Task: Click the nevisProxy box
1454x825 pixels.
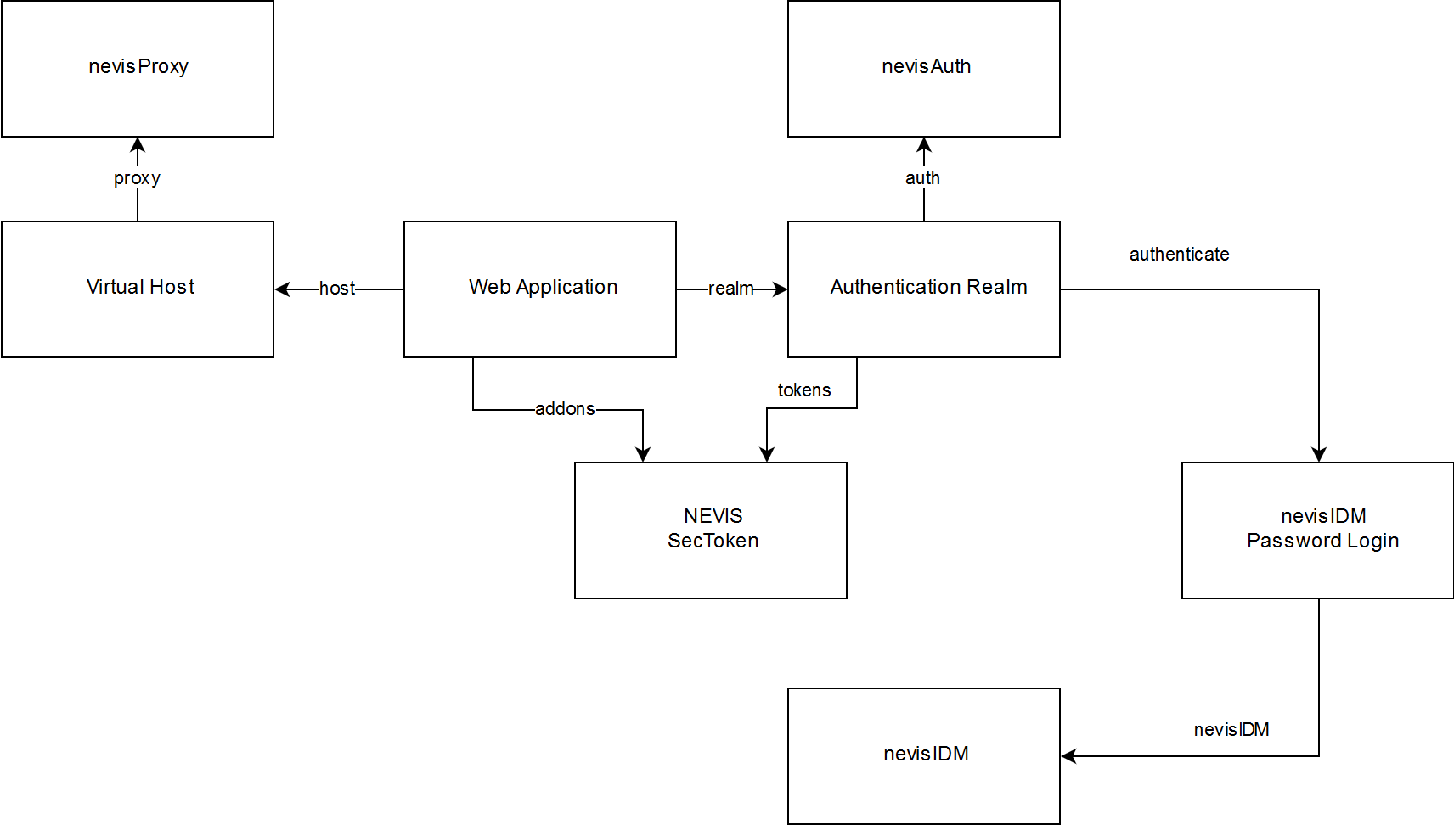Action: pyautogui.click(x=138, y=68)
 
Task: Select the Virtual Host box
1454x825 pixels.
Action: pyautogui.click(x=138, y=289)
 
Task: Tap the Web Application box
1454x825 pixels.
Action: pyautogui.click(x=540, y=289)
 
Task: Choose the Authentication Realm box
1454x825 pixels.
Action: pyautogui.click(x=924, y=289)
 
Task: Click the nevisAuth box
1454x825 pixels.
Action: pyautogui.click(x=924, y=68)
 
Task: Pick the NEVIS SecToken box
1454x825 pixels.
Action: pyautogui.click(x=711, y=530)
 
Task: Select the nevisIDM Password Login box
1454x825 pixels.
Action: pyautogui.click(x=1317, y=530)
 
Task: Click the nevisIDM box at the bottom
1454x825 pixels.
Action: pyautogui.click(x=924, y=755)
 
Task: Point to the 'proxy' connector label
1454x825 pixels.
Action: pyautogui.click(x=137, y=178)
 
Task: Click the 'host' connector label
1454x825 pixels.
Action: pyautogui.click(x=337, y=289)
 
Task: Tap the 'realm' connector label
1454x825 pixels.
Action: pyautogui.click(x=731, y=289)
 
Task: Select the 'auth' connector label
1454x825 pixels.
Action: pyautogui.click(x=922, y=178)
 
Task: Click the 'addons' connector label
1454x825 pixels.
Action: pyautogui.click(x=565, y=409)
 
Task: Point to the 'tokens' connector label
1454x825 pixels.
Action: pyautogui.click(x=804, y=390)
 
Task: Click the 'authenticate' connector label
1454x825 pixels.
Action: pyautogui.click(x=1179, y=255)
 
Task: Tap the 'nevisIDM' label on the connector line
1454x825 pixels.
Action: pyautogui.click(x=1231, y=730)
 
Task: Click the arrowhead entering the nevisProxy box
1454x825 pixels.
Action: pyautogui.click(x=138, y=145)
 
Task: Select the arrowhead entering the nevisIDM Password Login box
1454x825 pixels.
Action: pyautogui.click(x=1319, y=454)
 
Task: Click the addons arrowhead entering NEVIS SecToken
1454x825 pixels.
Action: pyautogui.click(x=643, y=454)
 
